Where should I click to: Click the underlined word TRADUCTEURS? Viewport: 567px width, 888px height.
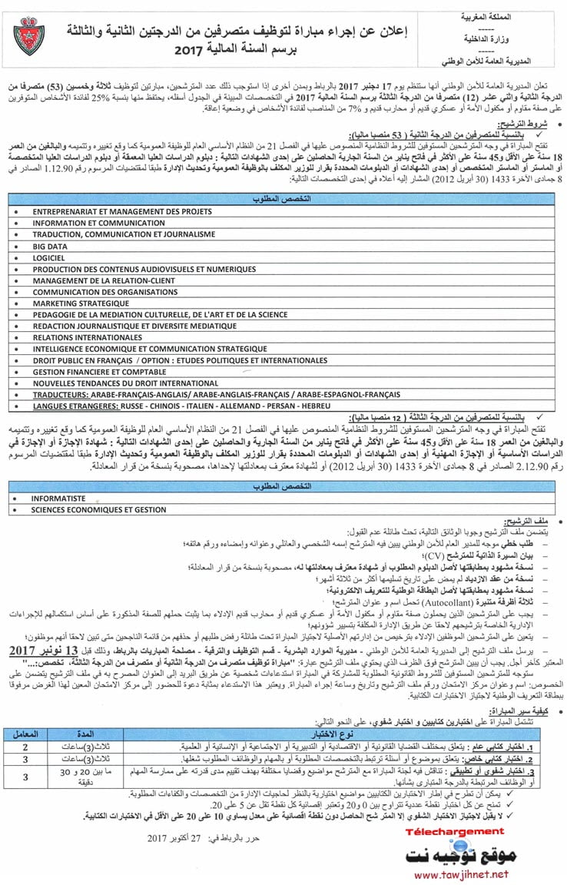click(x=61, y=393)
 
